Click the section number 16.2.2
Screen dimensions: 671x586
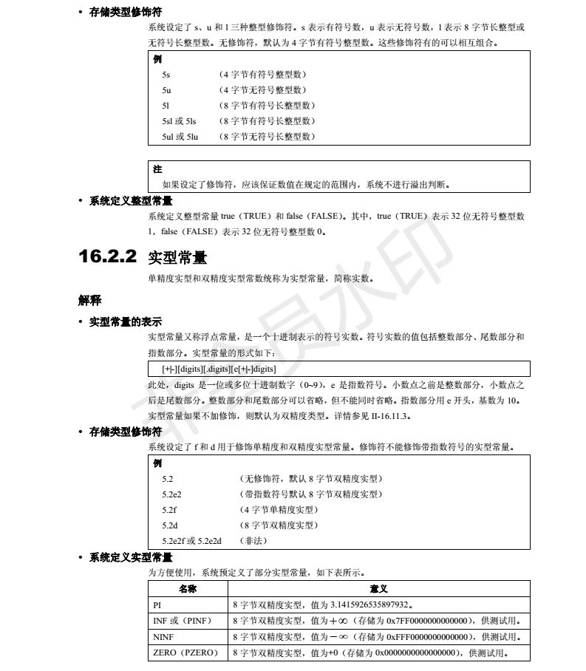(x=107, y=256)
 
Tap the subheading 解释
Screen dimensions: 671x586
(x=90, y=300)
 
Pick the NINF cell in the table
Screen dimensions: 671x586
(x=163, y=637)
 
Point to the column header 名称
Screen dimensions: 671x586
(x=188, y=588)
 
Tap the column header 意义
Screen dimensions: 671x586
(x=379, y=588)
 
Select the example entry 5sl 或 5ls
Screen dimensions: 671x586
(x=180, y=121)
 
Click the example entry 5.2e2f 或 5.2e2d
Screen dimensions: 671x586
(x=191, y=541)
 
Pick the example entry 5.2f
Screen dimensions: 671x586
(x=169, y=510)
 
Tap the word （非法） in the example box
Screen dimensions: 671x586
(x=253, y=541)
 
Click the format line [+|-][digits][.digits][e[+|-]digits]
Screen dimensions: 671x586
(x=219, y=368)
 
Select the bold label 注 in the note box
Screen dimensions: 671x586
(x=157, y=169)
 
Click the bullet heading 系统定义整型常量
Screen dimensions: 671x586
(x=131, y=200)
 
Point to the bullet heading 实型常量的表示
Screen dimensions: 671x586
(x=125, y=322)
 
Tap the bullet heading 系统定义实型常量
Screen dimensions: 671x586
(x=131, y=556)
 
